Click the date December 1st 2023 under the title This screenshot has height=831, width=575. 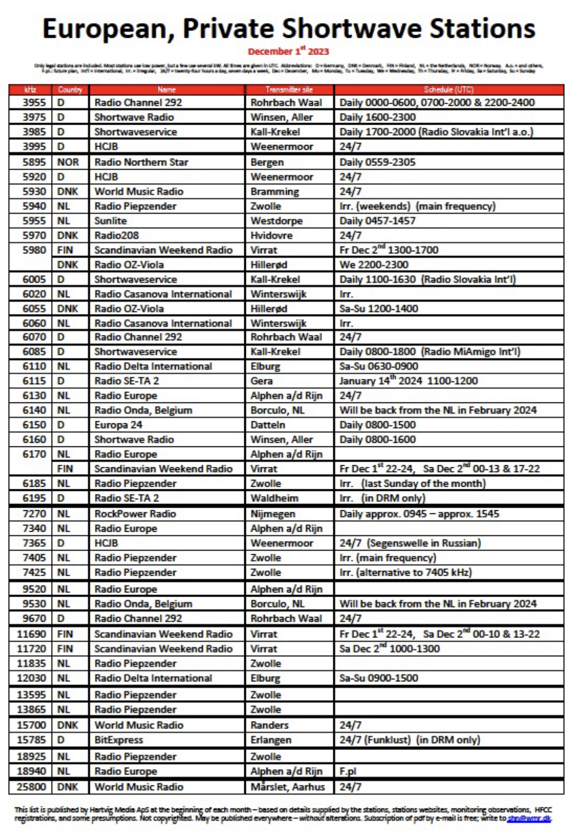pyautogui.click(x=288, y=51)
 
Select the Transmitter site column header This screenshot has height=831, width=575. pyautogui.click(x=289, y=89)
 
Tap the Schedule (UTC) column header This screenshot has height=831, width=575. pyautogui.click(x=448, y=89)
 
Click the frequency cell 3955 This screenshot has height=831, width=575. pyautogui.click(x=34, y=103)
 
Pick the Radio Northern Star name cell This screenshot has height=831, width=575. pyautogui.click(x=141, y=162)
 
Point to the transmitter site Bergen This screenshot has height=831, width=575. pyautogui.click(x=267, y=162)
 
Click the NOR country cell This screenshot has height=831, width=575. pyautogui.click(x=68, y=162)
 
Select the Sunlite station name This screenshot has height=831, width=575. pyautogui.click(x=110, y=221)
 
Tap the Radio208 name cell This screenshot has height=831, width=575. pyautogui.click(x=117, y=235)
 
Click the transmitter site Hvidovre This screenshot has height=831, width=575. pyautogui.click(x=271, y=235)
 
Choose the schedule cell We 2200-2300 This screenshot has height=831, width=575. pyautogui.click(x=374, y=265)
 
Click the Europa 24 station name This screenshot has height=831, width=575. pyautogui.click(x=118, y=425)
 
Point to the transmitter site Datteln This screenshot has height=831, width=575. pyautogui.click(x=268, y=425)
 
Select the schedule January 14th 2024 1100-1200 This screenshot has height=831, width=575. pyautogui.click(x=408, y=381)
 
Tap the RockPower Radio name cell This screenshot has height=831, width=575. pyautogui.click(x=135, y=514)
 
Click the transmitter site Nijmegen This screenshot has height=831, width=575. pyautogui.click(x=272, y=514)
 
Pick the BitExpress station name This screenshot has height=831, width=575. pyautogui.click(x=119, y=740)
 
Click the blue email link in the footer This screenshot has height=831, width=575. pyautogui.click(x=529, y=818)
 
